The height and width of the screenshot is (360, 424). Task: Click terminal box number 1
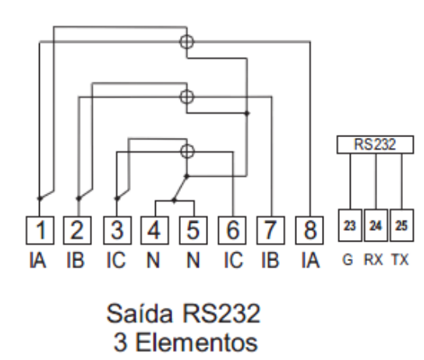(40, 231)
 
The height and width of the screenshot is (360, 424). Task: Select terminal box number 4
(154, 231)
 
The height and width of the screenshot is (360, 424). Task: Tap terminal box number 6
(232, 231)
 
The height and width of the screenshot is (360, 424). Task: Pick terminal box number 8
(309, 231)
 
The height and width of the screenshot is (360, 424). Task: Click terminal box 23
(350, 225)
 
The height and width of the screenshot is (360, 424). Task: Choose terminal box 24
(376, 225)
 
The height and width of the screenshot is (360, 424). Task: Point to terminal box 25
(402, 225)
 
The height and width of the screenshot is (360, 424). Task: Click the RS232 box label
(376, 145)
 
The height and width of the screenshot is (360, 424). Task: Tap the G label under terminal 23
(348, 259)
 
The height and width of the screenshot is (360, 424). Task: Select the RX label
(373, 259)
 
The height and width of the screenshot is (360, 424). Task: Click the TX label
(400, 259)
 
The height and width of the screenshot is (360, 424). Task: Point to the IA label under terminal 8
(310, 260)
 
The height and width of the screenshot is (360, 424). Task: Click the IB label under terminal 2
(76, 260)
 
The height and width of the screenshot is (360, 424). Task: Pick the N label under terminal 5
(193, 260)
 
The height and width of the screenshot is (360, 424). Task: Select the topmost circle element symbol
(186, 42)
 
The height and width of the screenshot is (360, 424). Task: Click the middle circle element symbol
(186, 97)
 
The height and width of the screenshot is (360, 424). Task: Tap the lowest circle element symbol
(187, 151)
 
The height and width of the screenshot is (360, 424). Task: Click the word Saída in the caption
(140, 313)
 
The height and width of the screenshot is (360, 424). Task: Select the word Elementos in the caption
(196, 342)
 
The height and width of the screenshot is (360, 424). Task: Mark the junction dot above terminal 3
(117, 199)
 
